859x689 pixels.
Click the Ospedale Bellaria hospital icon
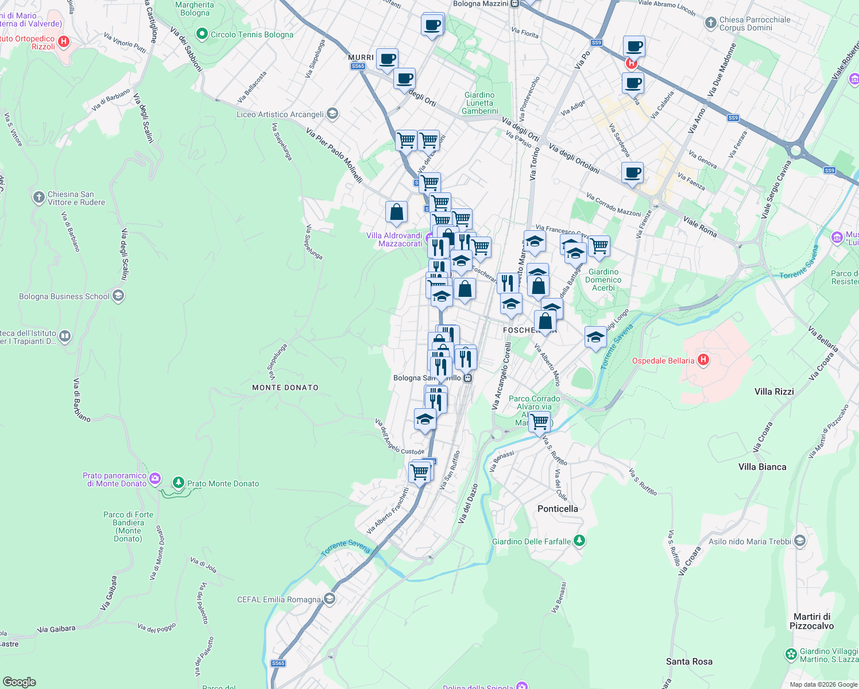703,361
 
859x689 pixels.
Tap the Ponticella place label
558,509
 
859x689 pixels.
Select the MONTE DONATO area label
285,388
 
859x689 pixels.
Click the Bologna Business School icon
118,296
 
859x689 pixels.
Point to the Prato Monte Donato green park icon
179,483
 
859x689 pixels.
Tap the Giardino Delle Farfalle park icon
579,541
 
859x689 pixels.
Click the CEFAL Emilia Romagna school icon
329,599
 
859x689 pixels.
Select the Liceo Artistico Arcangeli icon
332,114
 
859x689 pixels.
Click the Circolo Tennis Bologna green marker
202,34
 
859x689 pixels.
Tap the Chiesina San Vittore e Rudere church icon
38,198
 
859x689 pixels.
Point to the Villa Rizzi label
774,392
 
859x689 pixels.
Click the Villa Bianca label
762,467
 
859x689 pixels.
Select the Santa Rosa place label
689,661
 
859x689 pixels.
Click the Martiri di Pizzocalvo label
811,621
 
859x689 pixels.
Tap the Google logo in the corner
19,682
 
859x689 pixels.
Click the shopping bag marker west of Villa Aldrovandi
396,212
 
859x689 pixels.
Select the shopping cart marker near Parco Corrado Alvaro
540,422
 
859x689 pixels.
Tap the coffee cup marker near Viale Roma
632,173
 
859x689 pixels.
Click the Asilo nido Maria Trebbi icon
800,541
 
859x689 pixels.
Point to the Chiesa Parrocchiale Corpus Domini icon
710,24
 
